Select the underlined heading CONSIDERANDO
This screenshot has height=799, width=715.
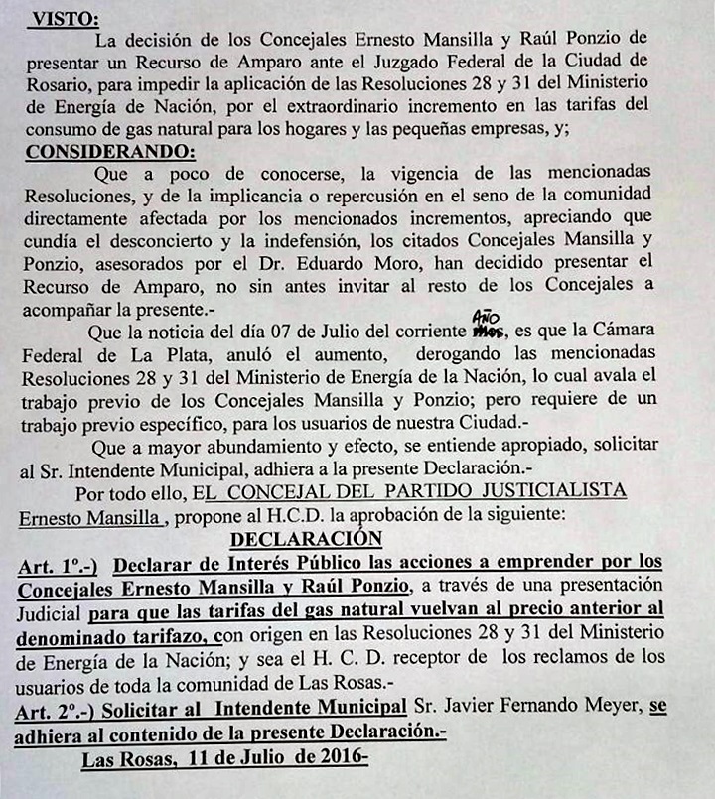(x=109, y=152)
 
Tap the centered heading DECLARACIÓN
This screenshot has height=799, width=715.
(x=306, y=539)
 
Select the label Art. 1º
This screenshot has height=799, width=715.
(x=58, y=565)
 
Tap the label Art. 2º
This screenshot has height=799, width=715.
(x=58, y=707)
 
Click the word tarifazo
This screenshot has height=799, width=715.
(x=170, y=635)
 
